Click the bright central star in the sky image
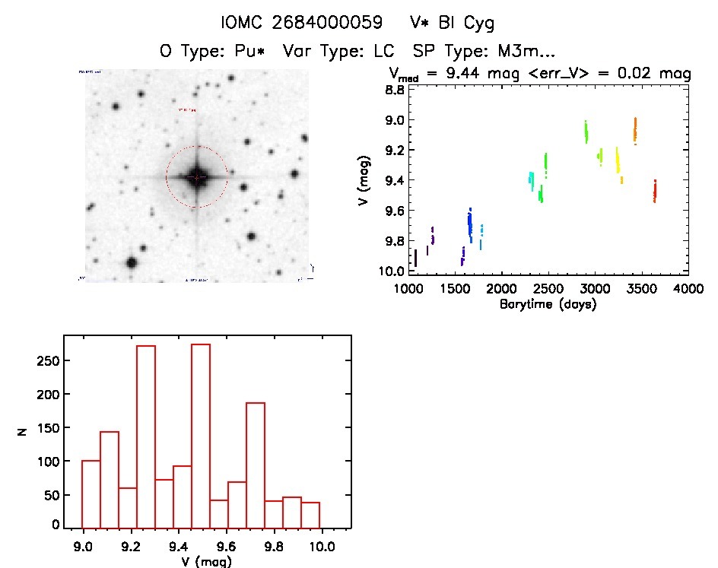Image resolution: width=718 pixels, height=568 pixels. [196, 176]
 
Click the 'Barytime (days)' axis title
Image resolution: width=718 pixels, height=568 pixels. [548, 304]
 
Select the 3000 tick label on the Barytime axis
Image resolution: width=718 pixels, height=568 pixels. [595, 289]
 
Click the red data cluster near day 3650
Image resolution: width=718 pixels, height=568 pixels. [654, 191]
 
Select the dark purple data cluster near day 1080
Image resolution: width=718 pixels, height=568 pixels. [415, 258]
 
